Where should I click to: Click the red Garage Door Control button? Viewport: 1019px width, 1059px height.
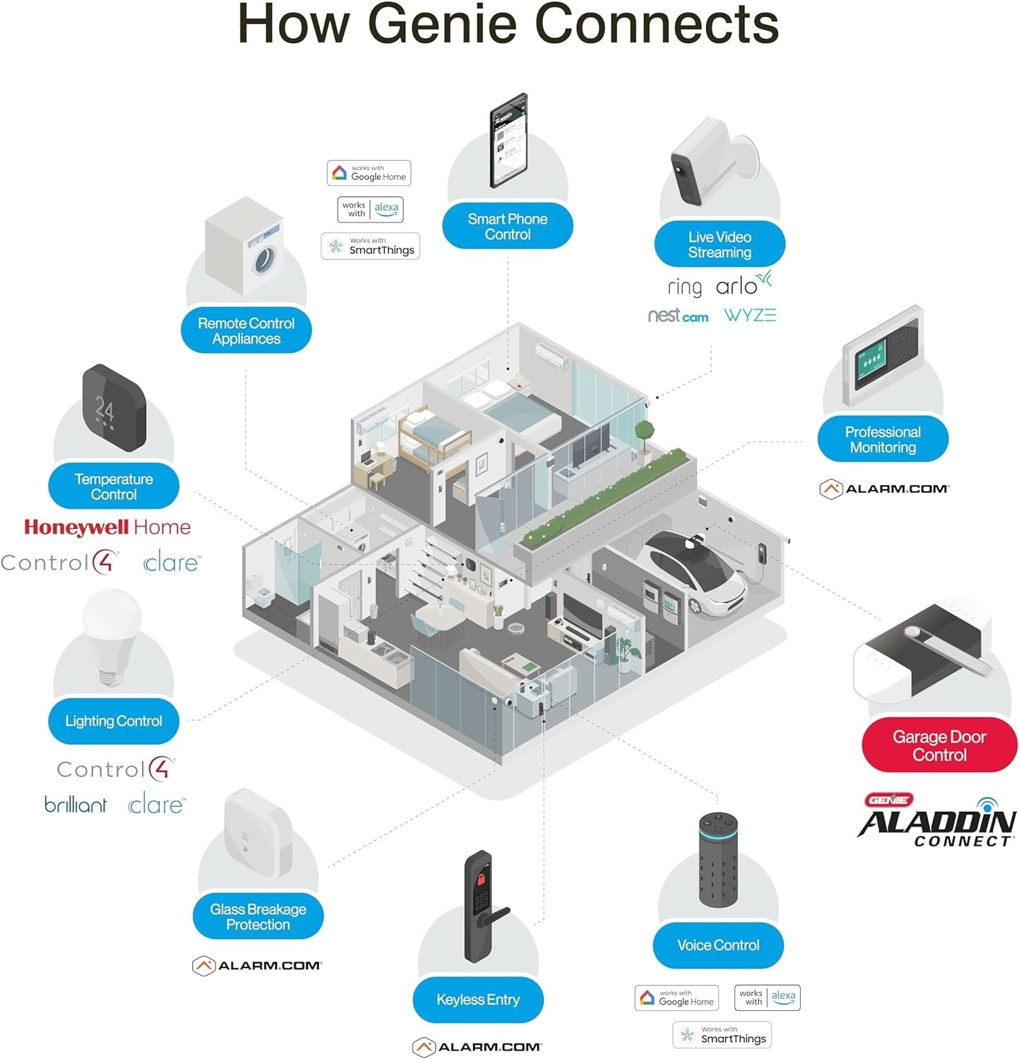pyautogui.click(x=939, y=746)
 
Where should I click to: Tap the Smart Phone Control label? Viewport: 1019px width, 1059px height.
pyautogui.click(x=507, y=227)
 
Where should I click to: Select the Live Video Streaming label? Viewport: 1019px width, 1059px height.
pyautogui.click(x=720, y=244)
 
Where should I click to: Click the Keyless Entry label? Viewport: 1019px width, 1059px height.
pyautogui.click(x=478, y=1000)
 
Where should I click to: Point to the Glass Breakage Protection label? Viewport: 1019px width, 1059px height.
pyautogui.click(x=258, y=917)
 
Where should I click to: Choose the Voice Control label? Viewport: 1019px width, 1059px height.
pyautogui.click(x=718, y=945)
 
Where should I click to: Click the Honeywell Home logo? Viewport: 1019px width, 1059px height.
pyautogui.click(x=107, y=527)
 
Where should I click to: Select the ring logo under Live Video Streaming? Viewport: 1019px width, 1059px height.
pyautogui.click(x=684, y=287)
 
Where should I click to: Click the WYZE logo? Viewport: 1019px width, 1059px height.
pyautogui.click(x=750, y=315)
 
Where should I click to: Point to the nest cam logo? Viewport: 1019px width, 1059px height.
pyautogui.click(x=678, y=316)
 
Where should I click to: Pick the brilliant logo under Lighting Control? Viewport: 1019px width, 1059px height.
pyautogui.click(x=76, y=804)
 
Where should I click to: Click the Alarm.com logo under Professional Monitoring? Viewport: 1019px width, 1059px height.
pyautogui.click(x=884, y=489)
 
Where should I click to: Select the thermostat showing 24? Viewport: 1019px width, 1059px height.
pyautogui.click(x=114, y=407)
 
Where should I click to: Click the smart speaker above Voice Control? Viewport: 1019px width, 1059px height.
pyautogui.click(x=718, y=860)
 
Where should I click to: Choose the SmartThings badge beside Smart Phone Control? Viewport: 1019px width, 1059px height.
pyautogui.click(x=371, y=246)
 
